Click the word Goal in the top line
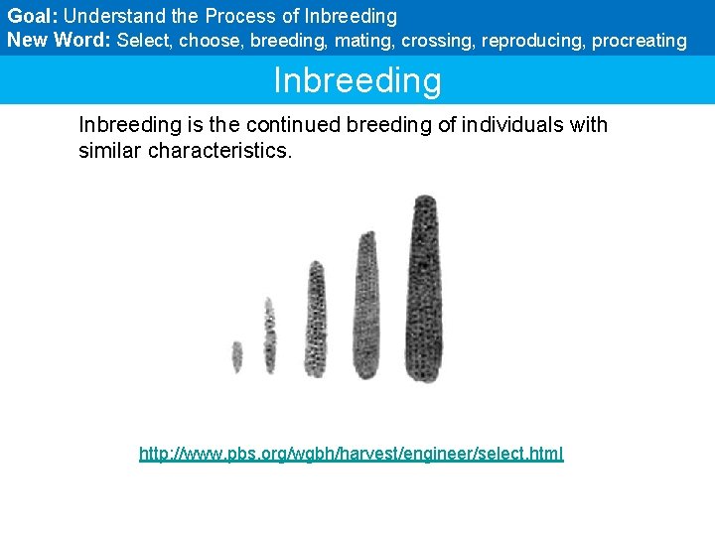pos(30,17)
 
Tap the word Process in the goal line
pos(236,17)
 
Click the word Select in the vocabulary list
pos(143,41)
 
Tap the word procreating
pos(639,41)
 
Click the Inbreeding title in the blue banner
pos(357,80)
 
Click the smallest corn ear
pos(237,356)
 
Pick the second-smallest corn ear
pos(269,335)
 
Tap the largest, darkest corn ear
pos(426,288)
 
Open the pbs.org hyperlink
pos(351,454)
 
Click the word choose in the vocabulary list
pos(211,41)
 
